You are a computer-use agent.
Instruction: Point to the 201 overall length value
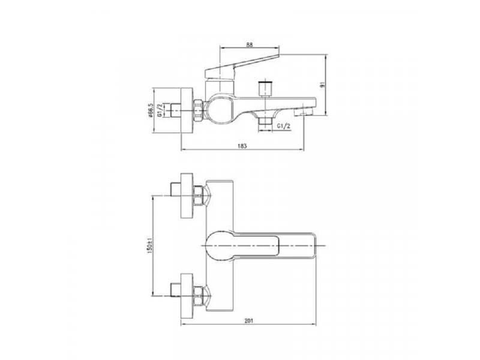pos(250,322)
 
